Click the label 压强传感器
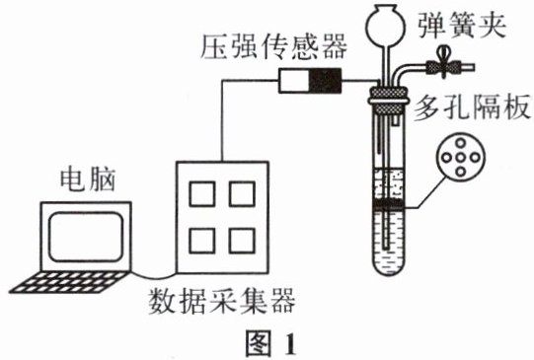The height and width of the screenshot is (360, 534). coord(273,46)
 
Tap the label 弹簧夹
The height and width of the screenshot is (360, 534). coord(462,25)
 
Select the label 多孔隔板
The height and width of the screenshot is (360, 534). coord(472,108)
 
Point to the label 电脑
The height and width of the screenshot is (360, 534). coord(88,179)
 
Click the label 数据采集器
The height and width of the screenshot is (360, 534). coord(222,301)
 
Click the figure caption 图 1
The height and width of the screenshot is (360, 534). coord(270,343)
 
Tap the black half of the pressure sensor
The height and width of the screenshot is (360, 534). coord(325,81)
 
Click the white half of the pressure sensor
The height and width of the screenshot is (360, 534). coord(294,81)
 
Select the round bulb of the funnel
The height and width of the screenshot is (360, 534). coord(386,25)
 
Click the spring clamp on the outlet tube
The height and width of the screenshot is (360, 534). coord(443,65)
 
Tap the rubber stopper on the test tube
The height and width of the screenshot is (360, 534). coord(388,101)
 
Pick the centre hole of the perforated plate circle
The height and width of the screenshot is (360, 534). coord(460,158)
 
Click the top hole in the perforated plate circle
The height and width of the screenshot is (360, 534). coord(460,143)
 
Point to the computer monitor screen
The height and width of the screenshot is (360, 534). coord(86,237)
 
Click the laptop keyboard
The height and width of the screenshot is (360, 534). coord(70,282)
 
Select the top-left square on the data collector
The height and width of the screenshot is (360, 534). coord(202,194)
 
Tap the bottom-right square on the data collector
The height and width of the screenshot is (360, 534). coord(242,241)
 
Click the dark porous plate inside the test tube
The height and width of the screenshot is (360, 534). coord(389,204)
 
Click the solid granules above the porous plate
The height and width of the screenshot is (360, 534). coord(389,184)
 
